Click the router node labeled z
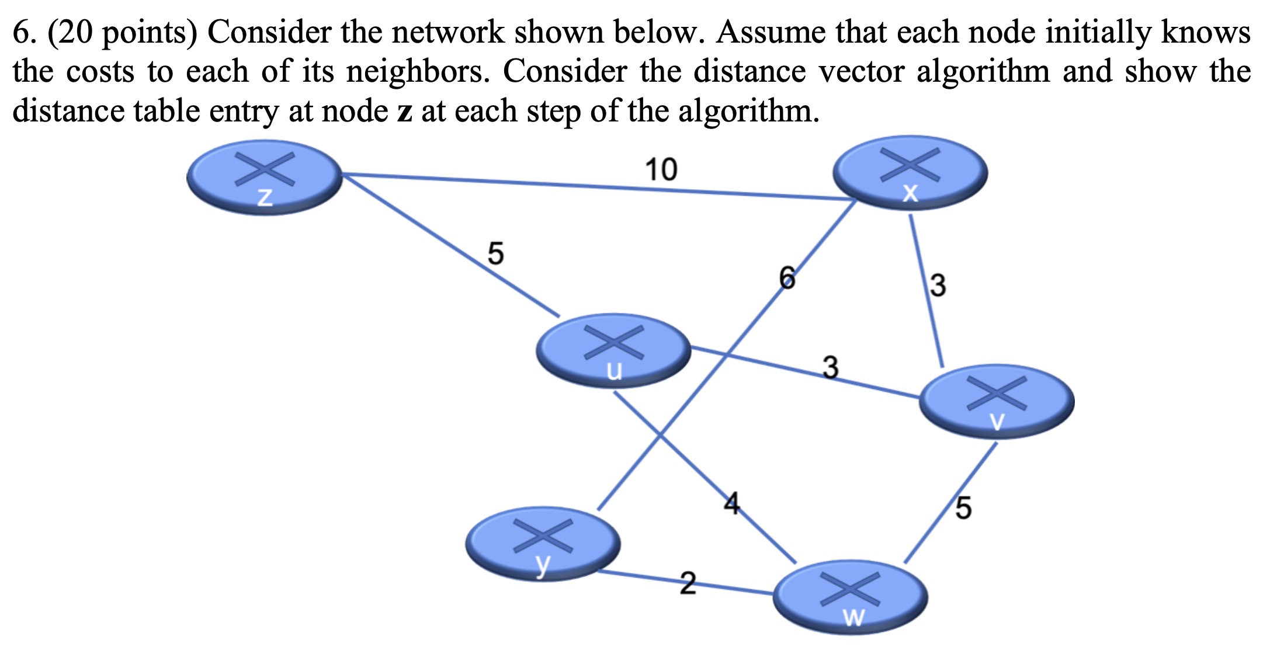tap(265, 176)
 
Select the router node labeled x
tap(910, 172)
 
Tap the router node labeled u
tap(613, 350)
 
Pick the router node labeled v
tap(997, 401)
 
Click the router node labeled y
tap(543, 543)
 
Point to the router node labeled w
tap(851, 597)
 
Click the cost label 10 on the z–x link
tap(661, 170)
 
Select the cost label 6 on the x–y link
tap(787, 277)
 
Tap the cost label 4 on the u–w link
tap(731, 503)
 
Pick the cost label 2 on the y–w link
tap(688, 583)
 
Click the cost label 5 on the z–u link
tap(495, 253)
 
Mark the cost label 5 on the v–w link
tap(963, 507)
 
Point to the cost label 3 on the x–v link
tap(938, 286)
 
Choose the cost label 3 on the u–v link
tap(830, 367)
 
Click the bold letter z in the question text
tap(405, 111)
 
